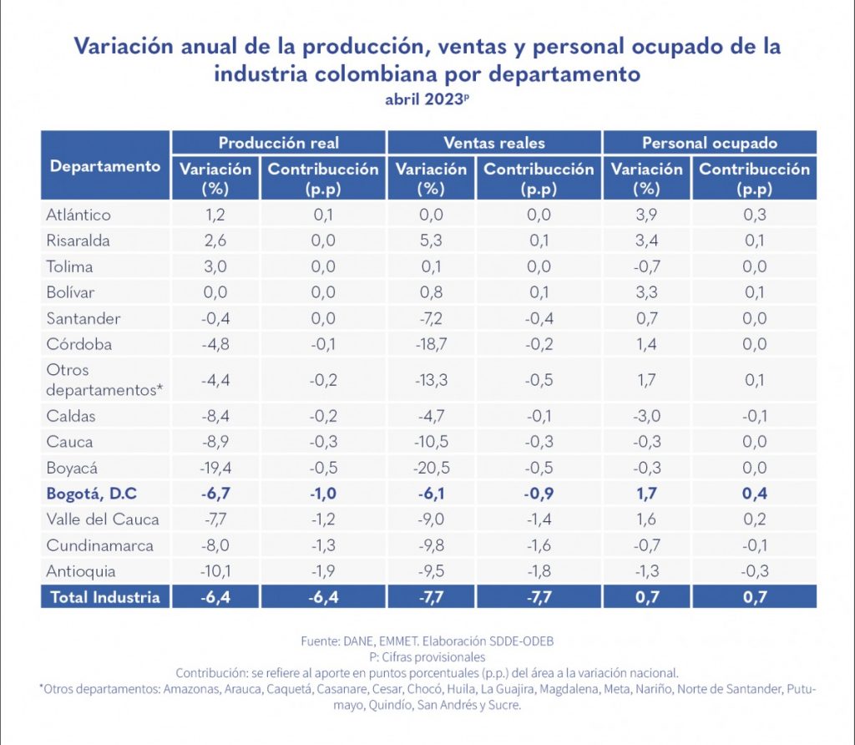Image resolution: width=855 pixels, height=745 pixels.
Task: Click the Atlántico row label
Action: click(78, 215)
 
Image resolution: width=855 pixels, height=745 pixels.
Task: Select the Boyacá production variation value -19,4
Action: click(215, 468)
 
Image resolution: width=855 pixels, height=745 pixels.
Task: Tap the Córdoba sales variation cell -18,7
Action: click(431, 344)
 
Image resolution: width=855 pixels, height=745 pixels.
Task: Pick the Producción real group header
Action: click(278, 143)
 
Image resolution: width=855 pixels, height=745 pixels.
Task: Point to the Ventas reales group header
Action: click(493, 143)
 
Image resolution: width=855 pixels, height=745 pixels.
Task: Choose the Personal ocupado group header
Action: click(709, 143)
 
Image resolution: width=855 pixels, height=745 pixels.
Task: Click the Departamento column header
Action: click(105, 165)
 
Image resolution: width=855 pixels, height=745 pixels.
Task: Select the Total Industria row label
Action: click(104, 596)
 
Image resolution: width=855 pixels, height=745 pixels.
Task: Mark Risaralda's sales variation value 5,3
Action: click(431, 241)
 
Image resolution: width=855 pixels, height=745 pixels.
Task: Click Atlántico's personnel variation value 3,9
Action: click(646, 215)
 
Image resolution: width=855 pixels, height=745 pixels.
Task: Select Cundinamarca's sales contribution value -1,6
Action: click(539, 545)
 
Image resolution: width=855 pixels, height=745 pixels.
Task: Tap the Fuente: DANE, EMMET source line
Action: click(427, 641)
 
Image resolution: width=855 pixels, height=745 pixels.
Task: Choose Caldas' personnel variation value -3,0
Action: click(646, 416)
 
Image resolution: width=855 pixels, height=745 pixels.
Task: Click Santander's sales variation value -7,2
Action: click(431, 318)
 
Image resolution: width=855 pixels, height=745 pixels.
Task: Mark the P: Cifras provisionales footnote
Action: click(427, 657)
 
